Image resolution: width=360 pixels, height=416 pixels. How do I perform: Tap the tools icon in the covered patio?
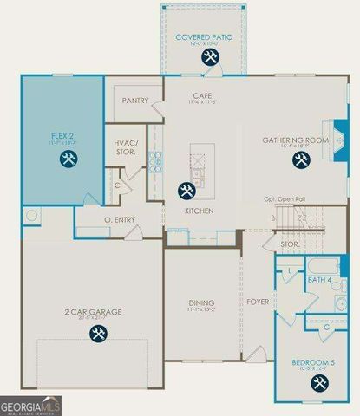click(x=209, y=57)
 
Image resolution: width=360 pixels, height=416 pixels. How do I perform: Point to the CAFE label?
click(x=203, y=95)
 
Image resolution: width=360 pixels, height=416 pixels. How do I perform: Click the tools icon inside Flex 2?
click(x=69, y=158)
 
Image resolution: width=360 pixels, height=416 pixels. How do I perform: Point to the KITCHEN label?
click(x=193, y=210)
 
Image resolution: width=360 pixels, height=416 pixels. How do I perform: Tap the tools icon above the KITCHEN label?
click(x=187, y=190)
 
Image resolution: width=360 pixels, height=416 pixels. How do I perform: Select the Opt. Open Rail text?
click(x=286, y=200)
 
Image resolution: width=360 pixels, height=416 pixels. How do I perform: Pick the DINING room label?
click(x=201, y=302)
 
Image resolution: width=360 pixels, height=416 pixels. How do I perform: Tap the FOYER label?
click(x=259, y=302)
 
